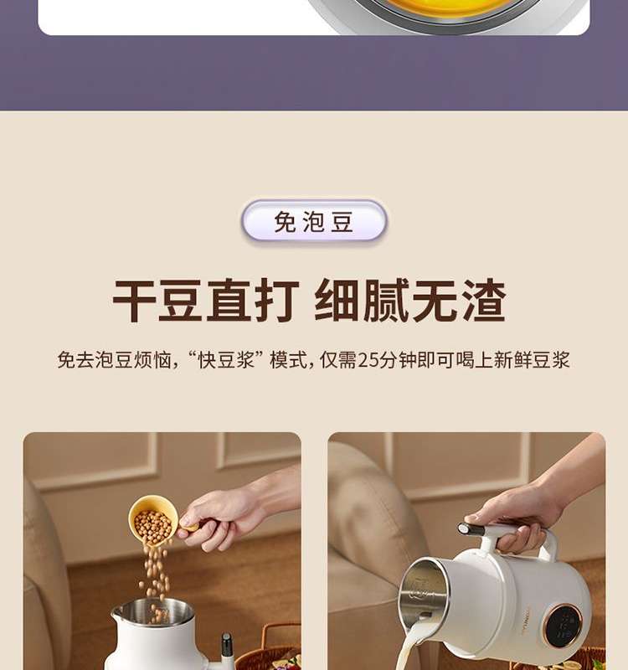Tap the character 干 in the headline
point(134,300)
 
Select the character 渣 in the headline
point(484,300)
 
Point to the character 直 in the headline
point(229,300)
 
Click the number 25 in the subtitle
point(368,360)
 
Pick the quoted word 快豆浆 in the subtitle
point(226,360)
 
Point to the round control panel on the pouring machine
point(564,626)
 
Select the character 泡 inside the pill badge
point(314,222)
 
